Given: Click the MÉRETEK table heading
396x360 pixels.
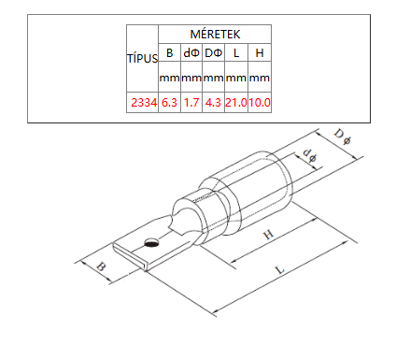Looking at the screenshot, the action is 215,34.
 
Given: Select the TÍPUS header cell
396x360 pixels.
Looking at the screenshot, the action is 143,58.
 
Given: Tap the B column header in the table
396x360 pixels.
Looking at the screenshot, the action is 169,52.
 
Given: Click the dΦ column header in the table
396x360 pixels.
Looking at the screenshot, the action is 191,52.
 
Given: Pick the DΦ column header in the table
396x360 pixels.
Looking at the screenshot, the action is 213,52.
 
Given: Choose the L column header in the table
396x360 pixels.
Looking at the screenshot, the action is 236,52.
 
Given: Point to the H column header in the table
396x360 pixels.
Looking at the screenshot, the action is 260,52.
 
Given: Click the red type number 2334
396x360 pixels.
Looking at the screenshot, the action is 144,102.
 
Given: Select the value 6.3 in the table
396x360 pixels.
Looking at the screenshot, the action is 169,102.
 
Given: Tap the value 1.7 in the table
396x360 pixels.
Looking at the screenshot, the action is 191,102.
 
